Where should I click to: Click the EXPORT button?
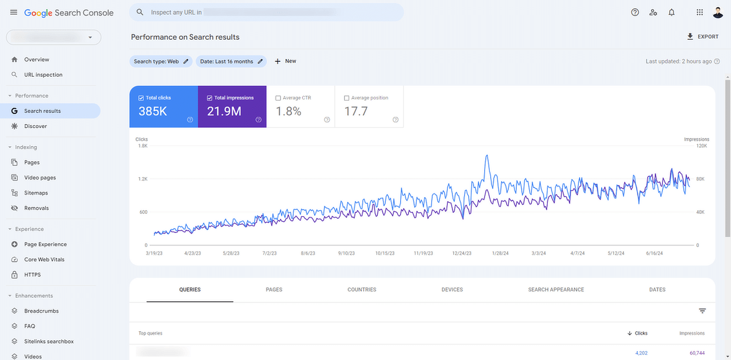703,37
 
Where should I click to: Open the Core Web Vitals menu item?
44,259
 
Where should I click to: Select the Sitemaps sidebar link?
36,193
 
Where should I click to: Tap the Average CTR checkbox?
278,98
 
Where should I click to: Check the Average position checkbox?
347,98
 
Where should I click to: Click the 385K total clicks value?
153,111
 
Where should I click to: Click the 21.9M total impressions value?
224,111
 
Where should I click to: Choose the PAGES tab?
274,290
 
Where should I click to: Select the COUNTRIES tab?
362,290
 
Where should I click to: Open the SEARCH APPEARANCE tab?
556,290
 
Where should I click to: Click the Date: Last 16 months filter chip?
231,61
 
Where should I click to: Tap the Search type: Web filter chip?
160,61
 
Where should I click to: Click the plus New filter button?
286,61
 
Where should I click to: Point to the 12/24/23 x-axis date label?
461,253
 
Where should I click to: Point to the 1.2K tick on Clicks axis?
143,179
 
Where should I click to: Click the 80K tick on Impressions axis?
700,179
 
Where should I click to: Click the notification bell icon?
672,12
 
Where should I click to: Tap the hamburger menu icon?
14,12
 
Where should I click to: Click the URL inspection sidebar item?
43,75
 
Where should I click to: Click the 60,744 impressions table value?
697,353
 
